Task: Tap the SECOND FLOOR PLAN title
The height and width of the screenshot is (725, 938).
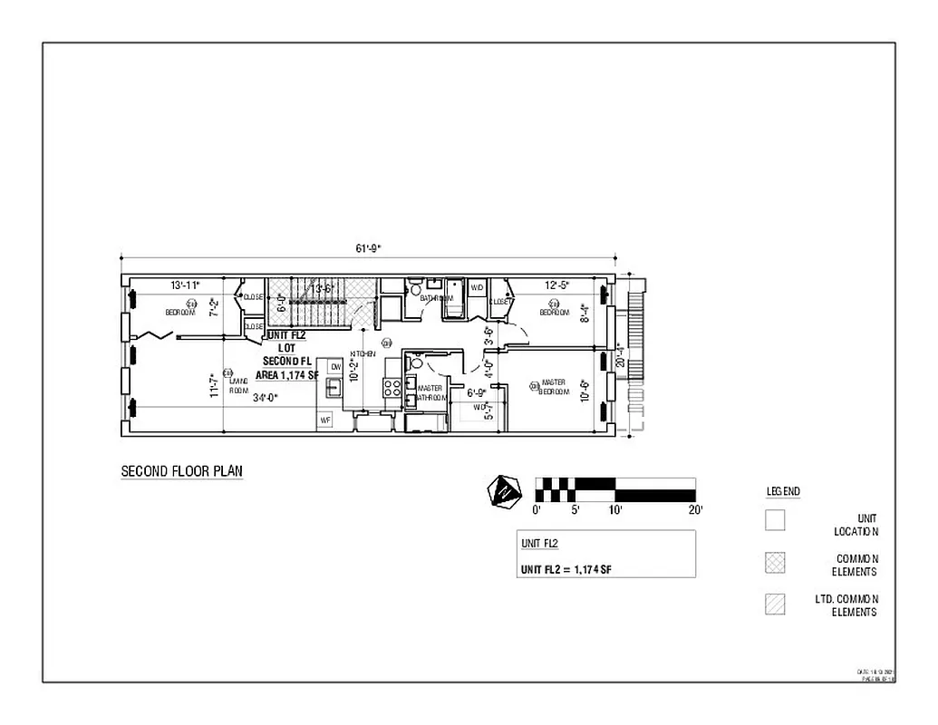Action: click(182, 471)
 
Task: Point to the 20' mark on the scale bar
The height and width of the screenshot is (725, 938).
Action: click(695, 509)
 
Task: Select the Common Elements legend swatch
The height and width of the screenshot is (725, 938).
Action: click(775, 563)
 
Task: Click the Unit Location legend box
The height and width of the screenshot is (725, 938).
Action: click(775, 521)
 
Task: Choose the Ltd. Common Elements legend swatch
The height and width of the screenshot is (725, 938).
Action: click(775, 604)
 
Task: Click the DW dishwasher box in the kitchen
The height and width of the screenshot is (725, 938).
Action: click(335, 366)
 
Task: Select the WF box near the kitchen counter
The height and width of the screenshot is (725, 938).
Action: click(325, 420)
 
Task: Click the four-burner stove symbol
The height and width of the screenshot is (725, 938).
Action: click(392, 388)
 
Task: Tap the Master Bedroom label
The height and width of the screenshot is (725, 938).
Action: click(553, 387)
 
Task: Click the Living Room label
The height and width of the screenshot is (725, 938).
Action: click(238, 387)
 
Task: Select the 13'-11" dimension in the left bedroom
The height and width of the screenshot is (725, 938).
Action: click(185, 285)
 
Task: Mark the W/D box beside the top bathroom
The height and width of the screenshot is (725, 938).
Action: click(477, 288)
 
